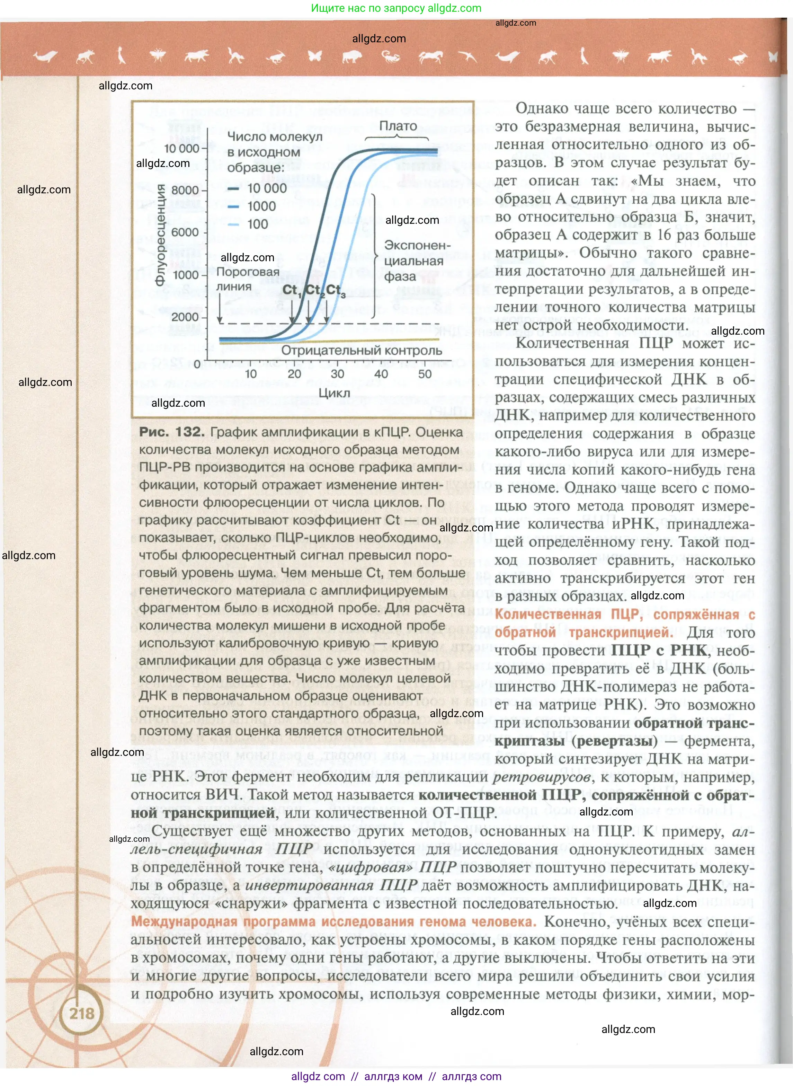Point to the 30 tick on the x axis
[337, 373]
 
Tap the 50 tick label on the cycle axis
[425, 373]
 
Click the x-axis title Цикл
[334, 393]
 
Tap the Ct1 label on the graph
[291, 290]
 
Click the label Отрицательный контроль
[362, 351]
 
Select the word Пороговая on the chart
[248, 272]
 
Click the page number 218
[82, 1013]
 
